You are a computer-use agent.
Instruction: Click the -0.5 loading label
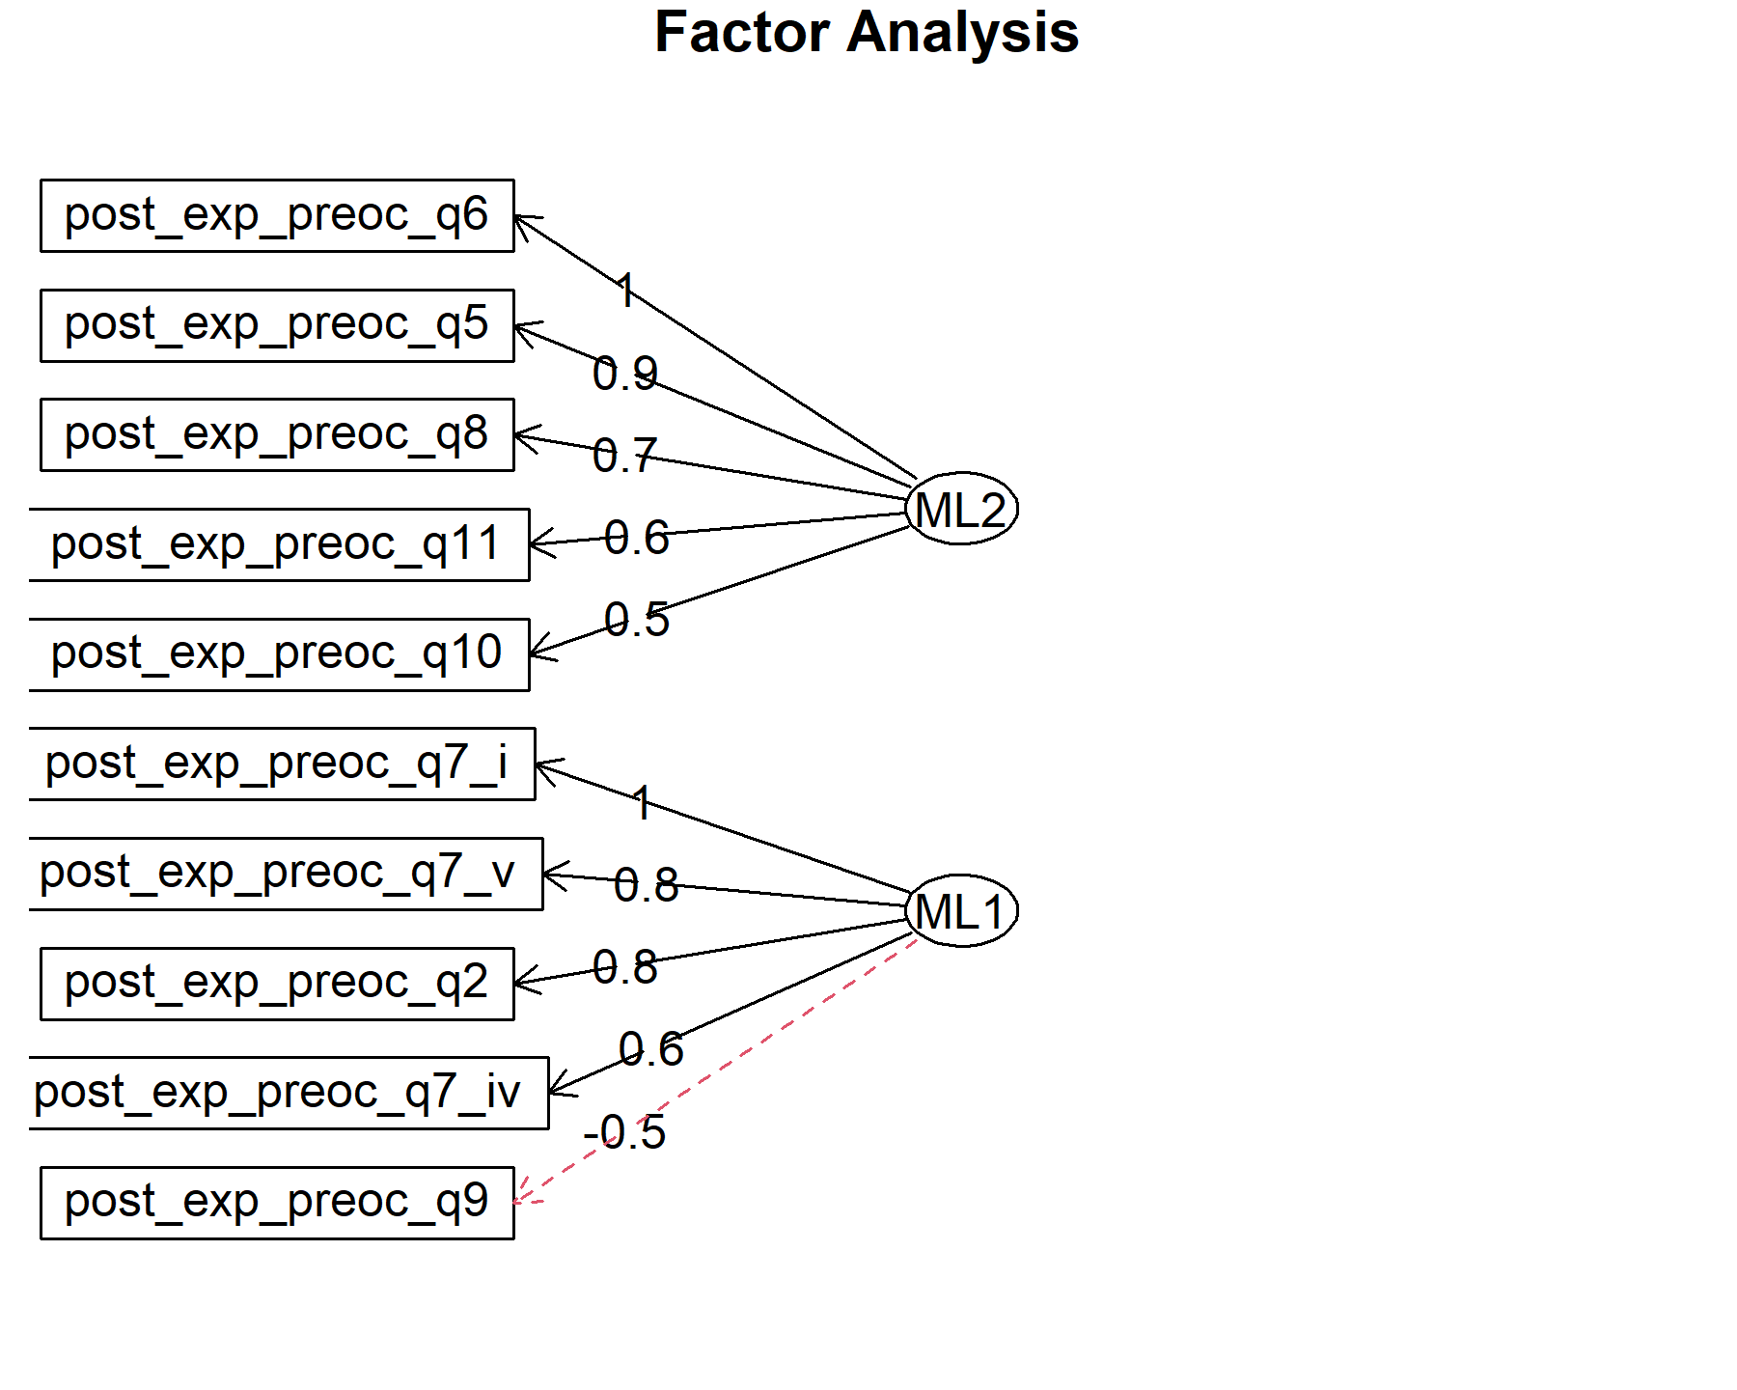coord(624,1131)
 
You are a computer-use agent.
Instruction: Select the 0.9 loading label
coord(625,373)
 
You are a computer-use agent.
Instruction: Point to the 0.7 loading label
coord(625,455)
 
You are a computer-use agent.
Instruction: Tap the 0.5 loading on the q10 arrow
coord(637,619)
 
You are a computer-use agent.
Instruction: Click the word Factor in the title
coord(741,32)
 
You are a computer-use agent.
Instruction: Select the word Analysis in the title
coord(963,34)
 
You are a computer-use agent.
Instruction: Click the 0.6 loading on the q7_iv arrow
coord(651,1048)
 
